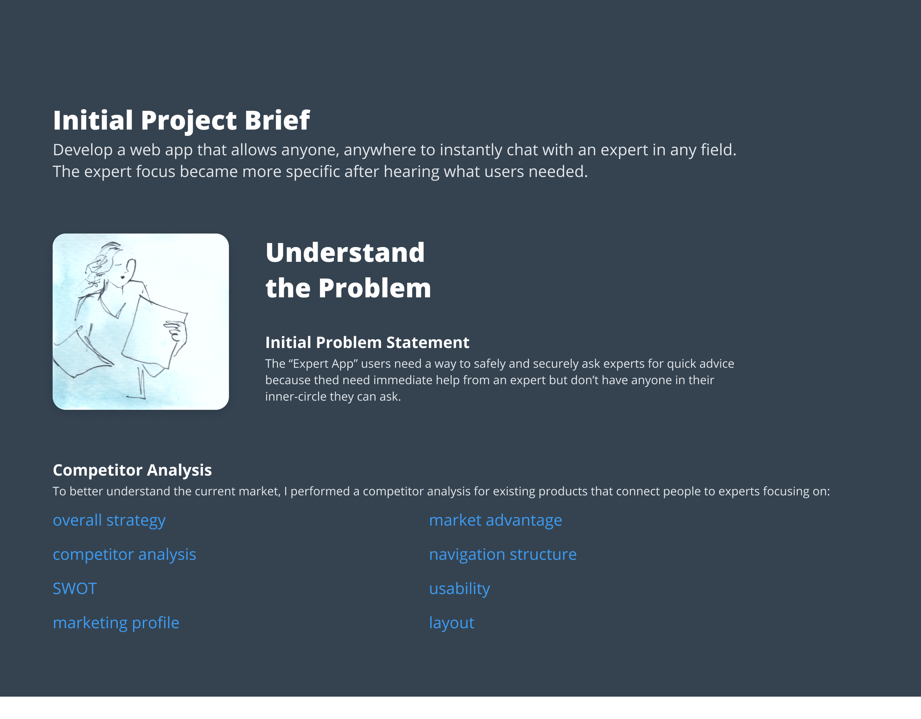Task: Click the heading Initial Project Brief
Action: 181,120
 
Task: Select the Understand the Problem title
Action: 348,270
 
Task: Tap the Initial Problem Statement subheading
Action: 367,342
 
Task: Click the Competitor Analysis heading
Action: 132,470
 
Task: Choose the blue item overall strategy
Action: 109,521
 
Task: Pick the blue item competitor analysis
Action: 124,555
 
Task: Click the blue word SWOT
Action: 75,589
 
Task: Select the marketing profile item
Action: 116,623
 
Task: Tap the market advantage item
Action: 495,521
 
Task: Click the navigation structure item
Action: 503,555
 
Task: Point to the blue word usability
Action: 460,589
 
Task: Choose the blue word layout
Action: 452,623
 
